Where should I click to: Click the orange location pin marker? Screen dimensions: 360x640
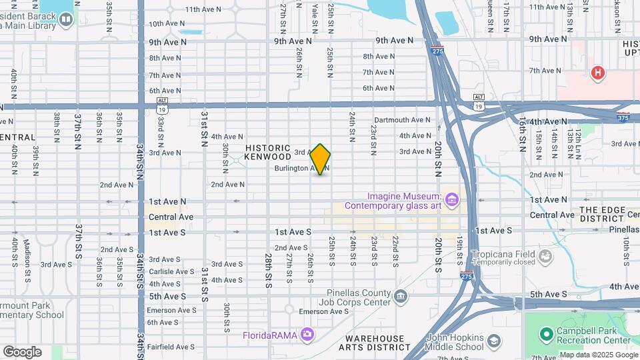click(321, 159)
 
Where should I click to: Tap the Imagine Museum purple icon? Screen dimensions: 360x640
click(453, 199)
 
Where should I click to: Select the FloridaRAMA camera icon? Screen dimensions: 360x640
click(307, 333)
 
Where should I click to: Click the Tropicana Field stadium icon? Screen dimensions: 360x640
click(547, 256)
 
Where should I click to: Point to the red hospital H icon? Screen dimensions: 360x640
click(598, 73)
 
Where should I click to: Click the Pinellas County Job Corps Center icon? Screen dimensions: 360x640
click(401, 296)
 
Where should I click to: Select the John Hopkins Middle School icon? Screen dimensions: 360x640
click(493, 342)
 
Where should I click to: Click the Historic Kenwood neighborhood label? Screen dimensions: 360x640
click(268, 152)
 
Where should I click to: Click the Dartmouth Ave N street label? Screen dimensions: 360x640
click(407, 120)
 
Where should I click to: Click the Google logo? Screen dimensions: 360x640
click(22, 352)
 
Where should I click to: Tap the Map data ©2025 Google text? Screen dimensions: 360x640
click(598, 355)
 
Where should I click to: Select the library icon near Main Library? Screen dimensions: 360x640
click(65, 19)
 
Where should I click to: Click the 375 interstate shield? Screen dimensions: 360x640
click(623, 118)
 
